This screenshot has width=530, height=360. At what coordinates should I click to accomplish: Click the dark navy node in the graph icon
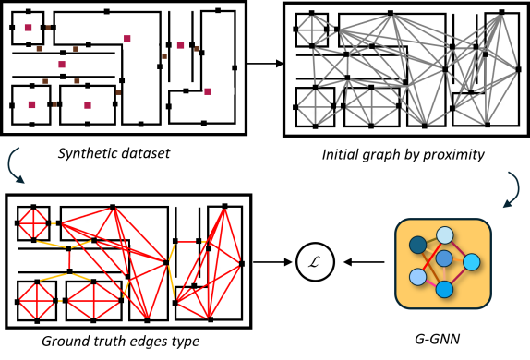point(418,245)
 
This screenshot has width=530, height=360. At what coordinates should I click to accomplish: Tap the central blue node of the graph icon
point(444,258)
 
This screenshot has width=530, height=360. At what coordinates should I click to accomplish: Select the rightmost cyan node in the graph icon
point(471,262)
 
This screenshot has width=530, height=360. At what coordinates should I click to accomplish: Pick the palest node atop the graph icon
point(445,235)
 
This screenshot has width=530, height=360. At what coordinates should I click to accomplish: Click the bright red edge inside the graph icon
point(426,263)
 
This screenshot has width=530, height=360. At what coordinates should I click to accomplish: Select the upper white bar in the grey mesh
point(426,47)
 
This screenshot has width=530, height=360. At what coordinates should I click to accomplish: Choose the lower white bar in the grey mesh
point(502,93)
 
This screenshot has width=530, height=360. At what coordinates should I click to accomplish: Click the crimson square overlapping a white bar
point(208,92)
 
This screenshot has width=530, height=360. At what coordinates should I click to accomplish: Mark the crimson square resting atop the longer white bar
point(127,39)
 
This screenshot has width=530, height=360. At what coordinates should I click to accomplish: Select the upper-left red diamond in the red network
point(33,223)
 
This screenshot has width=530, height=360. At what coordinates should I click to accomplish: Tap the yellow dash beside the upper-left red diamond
point(54,223)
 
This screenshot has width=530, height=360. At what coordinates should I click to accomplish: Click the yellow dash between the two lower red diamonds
point(60,301)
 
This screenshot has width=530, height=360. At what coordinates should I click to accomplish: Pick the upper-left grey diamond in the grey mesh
point(312,30)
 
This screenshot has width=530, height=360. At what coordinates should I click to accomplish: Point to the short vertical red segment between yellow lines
point(70,260)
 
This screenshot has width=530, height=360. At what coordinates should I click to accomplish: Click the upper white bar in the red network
point(148,242)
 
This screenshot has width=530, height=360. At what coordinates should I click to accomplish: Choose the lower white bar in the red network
point(224,287)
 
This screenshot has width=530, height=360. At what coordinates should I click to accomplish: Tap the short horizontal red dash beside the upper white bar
point(187,242)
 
